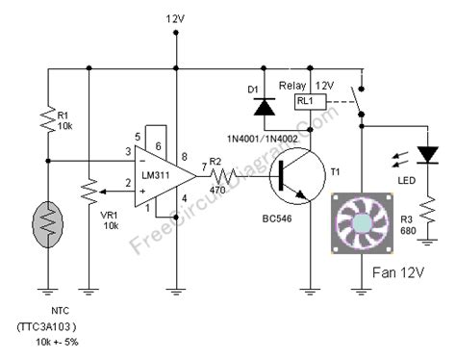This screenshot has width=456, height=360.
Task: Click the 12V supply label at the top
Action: [x=175, y=18]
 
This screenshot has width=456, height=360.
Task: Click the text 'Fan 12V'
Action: [x=398, y=273]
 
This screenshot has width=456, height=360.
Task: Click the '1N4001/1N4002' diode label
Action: [x=259, y=137]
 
